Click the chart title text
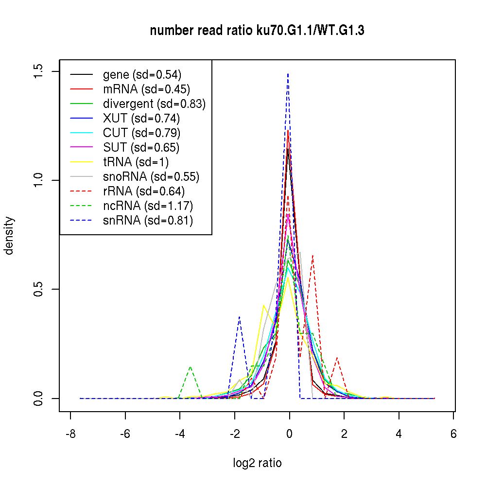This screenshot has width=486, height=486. [257, 31]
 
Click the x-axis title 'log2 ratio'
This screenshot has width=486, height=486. [257, 463]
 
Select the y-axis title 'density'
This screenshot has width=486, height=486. [9, 235]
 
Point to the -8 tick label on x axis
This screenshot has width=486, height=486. [70, 434]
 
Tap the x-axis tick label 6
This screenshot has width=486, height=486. [453, 434]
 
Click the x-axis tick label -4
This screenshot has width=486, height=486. [180, 434]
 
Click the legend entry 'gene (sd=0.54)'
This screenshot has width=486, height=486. [142, 75]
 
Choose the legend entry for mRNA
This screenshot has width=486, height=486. [146, 89]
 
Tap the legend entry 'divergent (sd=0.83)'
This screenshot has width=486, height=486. [154, 104]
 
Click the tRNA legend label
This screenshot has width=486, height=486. [136, 162]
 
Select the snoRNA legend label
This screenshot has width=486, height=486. [151, 177]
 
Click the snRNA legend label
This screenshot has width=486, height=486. [148, 221]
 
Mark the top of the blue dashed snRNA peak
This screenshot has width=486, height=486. [288, 73]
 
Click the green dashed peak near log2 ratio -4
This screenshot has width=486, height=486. [190, 367]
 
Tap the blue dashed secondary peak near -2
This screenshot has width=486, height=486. [239, 317]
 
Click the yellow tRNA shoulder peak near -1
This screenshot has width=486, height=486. [263, 306]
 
